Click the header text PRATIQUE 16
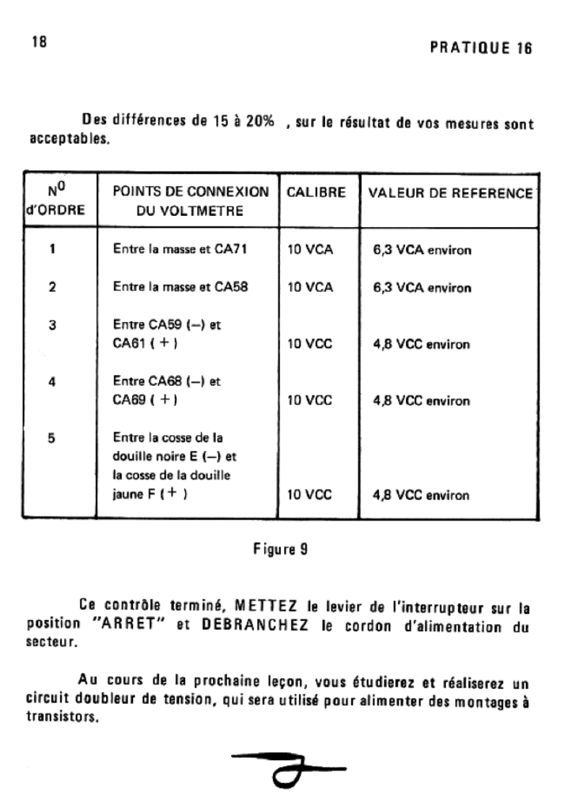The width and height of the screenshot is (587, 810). (480, 47)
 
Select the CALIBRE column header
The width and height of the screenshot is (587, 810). (316, 193)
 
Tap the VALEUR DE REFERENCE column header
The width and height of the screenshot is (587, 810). (450, 193)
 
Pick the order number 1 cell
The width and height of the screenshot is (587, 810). (52, 250)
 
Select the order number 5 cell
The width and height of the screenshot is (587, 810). (52, 437)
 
